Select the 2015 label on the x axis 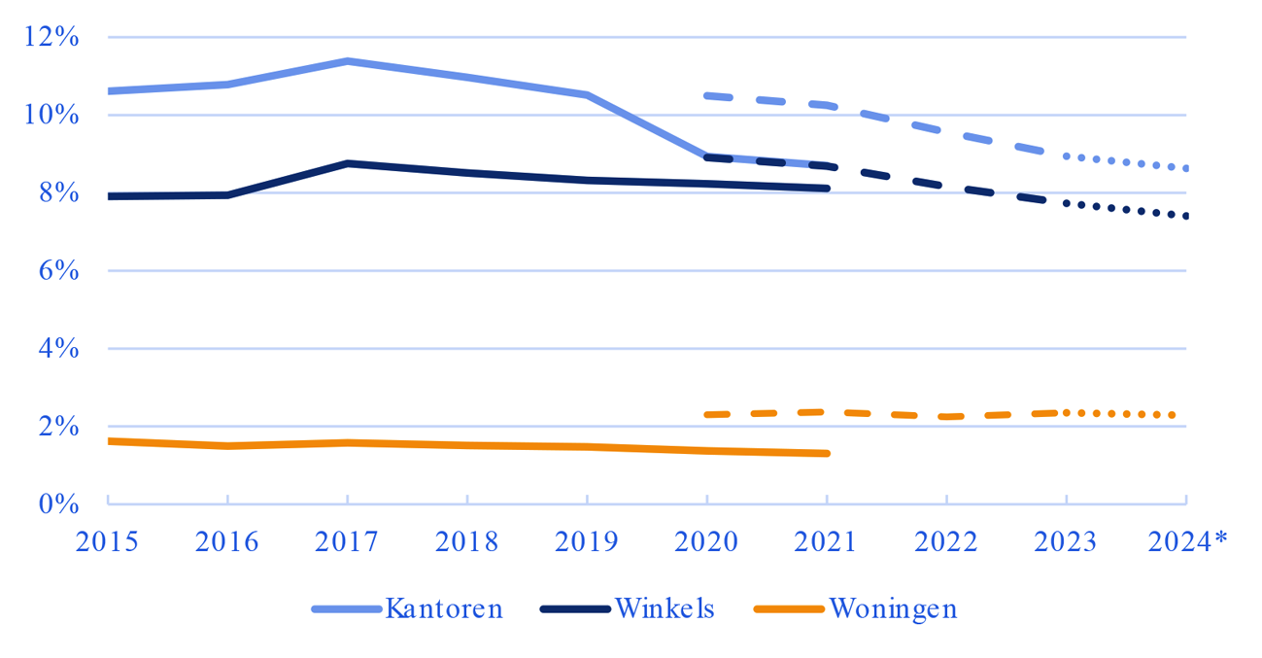point(107,541)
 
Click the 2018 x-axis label point(466,541)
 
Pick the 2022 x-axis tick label point(946,541)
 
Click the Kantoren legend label point(444,609)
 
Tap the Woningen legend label point(892,609)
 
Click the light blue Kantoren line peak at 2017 point(347,61)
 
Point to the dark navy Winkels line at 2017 point(347,163)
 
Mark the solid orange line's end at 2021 point(827,453)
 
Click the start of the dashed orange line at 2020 point(708,415)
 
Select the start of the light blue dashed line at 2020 point(708,95)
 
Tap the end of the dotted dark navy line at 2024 point(1185,216)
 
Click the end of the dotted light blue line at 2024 point(1185,168)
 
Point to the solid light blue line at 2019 point(587,95)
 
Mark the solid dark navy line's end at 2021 point(827,188)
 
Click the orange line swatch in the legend point(788,609)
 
